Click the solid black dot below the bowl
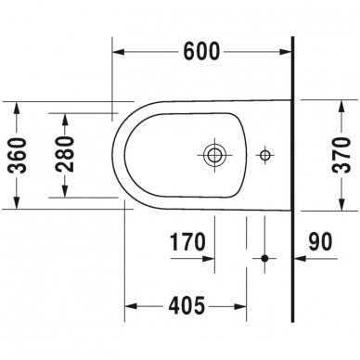266,258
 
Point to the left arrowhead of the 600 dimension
118,53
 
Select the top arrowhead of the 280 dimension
66,116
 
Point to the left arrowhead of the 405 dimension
130,305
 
